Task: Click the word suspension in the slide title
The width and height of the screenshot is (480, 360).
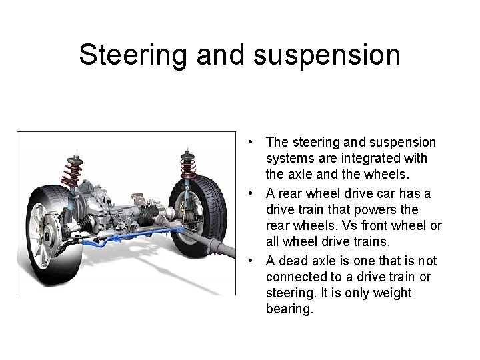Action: [327, 56]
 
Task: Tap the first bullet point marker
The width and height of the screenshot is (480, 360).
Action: [249, 142]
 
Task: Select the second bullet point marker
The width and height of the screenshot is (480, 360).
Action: [249, 193]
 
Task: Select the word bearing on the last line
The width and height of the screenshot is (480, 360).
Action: [288, 310]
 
